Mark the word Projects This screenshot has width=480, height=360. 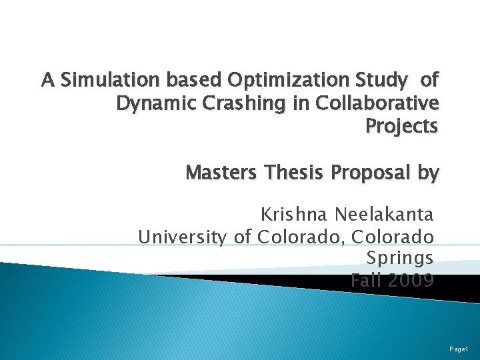[402, 127]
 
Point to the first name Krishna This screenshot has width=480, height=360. [294, 215]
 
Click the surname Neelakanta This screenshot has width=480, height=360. [384, 215]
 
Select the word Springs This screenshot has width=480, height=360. [400, 258]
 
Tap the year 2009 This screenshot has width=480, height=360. [411, 280]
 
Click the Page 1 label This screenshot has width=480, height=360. [459, 349]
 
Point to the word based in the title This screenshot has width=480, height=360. [194, 81]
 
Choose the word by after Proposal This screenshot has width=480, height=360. [427, 173]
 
